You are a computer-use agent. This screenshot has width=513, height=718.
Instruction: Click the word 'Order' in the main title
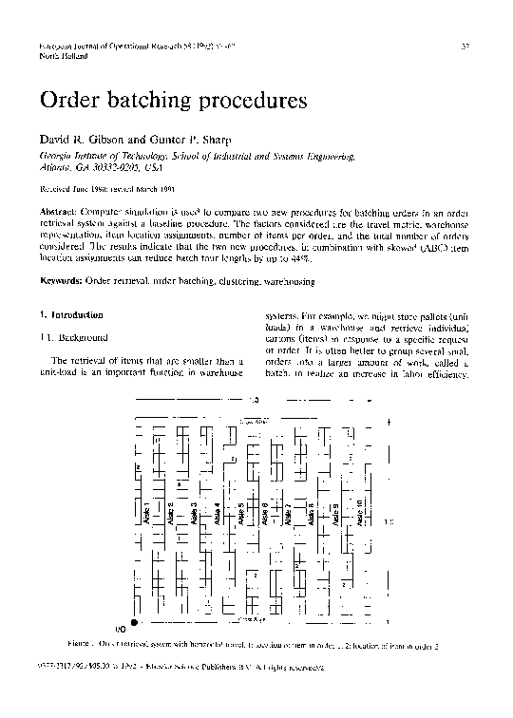(x=69, y=99)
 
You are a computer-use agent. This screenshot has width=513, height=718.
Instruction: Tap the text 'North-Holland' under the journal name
(x=63, y=57)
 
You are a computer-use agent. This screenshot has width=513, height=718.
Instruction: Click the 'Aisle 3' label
(x=195, y=518)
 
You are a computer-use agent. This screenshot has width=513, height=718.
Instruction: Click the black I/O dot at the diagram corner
(x=134, y=622)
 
